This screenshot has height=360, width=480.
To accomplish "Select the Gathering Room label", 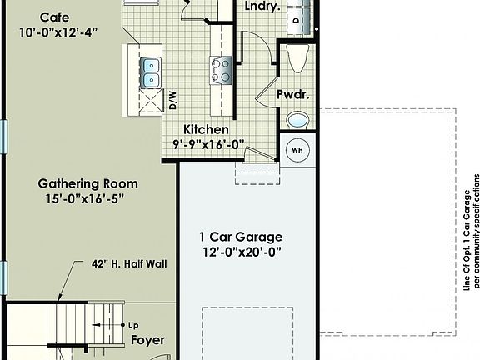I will coord(87,183).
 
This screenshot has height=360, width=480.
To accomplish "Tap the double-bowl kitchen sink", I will coord(151,72).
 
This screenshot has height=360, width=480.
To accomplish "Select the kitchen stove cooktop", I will coord(221,68).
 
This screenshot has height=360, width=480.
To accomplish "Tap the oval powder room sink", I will coord(297,120).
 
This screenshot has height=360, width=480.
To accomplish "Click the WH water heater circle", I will coord(297,151).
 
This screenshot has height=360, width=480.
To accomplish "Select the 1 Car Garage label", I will coord(241,236).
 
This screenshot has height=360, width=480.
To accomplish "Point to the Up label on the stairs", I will coord(133,325).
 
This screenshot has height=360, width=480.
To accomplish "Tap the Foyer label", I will coord(147,340).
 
